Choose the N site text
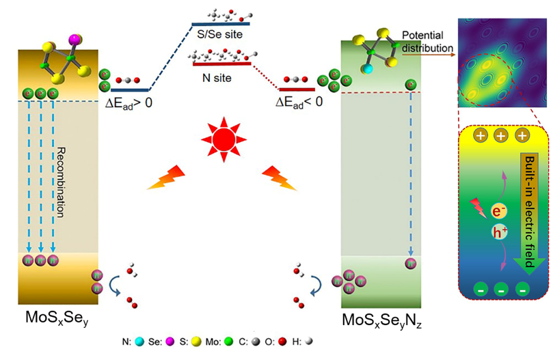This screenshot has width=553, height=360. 222,78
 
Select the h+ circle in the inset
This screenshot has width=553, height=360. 499,232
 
